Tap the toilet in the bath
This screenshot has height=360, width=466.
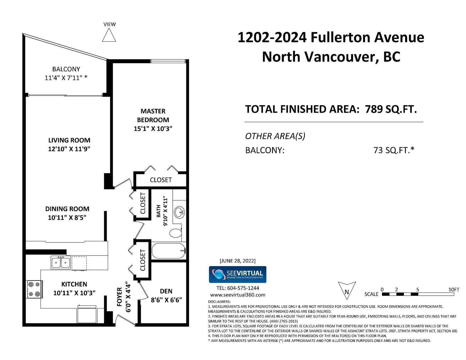pyautogui.click(x=176, y=233)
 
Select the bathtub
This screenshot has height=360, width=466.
pyautogui.click(x=169, y=251)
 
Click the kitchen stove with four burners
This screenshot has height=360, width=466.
pyautogui.click(x=34, y=289)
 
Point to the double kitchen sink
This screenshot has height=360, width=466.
pyautogui.click(x=61, y=263)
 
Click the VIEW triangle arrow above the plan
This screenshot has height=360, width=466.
pyautogui.click(x=109, y=35)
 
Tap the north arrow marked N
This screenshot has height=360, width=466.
pyautogui.click(x=347, y=290)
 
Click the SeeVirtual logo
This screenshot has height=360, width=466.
pyautogui.click(x=238, y=274)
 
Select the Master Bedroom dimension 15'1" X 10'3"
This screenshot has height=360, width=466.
pyautogui.click(x=153, y=129)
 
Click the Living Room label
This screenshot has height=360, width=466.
pyautogui.click(x=69, y=140)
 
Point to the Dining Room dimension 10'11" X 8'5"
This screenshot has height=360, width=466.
pyautogui.click(x=67, y=217)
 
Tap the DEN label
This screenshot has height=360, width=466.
pyautogui.click(x=166, y=291)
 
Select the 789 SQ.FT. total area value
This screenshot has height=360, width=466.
pyautogui.click(x=391, y=109)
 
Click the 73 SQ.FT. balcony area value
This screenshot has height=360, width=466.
pyautogui.click(x=394, y=150)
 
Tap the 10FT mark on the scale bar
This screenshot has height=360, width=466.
pyautogui.click(x=454, y=290)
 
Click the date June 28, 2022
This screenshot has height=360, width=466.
pyautogui.click(x=238, y=261)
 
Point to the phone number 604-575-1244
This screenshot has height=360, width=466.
pyautogui.click(x=243, y=288)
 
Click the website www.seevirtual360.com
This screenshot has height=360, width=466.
pyautogui.click(x=238, y=295)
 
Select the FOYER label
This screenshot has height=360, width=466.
pyautogui.click(x=119, y=297)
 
